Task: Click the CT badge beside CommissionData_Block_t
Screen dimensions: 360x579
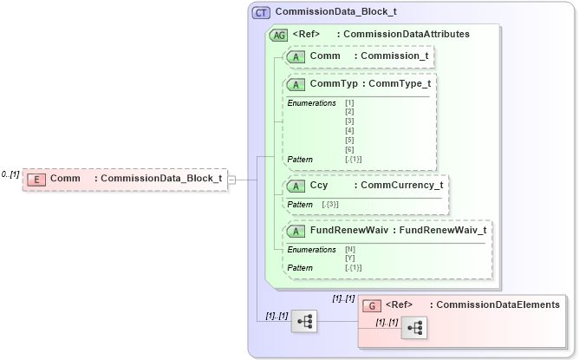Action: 261,13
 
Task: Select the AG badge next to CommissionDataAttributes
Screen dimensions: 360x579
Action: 279,35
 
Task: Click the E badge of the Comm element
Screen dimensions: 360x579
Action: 36,179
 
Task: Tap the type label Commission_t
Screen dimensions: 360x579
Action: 394,56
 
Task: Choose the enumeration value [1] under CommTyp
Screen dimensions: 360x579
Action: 349,103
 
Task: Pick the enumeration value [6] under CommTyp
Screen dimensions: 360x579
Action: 349,150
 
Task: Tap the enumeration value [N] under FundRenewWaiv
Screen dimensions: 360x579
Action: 350,249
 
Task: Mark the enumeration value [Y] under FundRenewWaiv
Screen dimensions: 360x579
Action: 350,258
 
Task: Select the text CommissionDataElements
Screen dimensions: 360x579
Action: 498,304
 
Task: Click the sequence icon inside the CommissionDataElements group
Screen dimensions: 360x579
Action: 414,327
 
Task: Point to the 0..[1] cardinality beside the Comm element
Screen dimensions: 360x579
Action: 10,174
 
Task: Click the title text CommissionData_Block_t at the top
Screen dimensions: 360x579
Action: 335,13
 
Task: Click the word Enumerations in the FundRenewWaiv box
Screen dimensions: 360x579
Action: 311,250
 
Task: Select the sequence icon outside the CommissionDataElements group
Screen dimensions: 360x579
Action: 305,321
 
